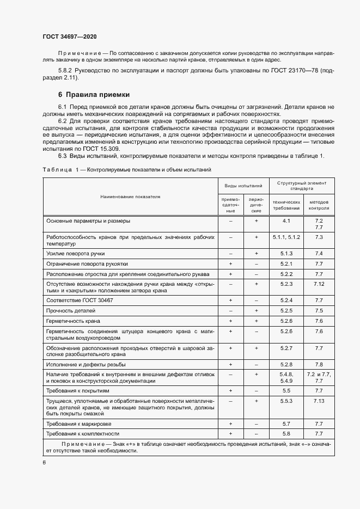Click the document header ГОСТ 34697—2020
[x=70, y=36]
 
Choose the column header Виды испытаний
[x=243, y=186]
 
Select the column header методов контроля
[x=319, y=205]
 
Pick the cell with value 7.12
[x=319, y=284]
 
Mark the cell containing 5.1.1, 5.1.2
[x=286, y=237]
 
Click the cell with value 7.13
[x=319, y=401]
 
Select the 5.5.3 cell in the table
[x=286, y=401]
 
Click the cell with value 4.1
[x=286, y=221]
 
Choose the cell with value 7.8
[x=319, y=364]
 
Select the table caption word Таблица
[x=57, y=170]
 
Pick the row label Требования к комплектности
[x=83, y=433]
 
